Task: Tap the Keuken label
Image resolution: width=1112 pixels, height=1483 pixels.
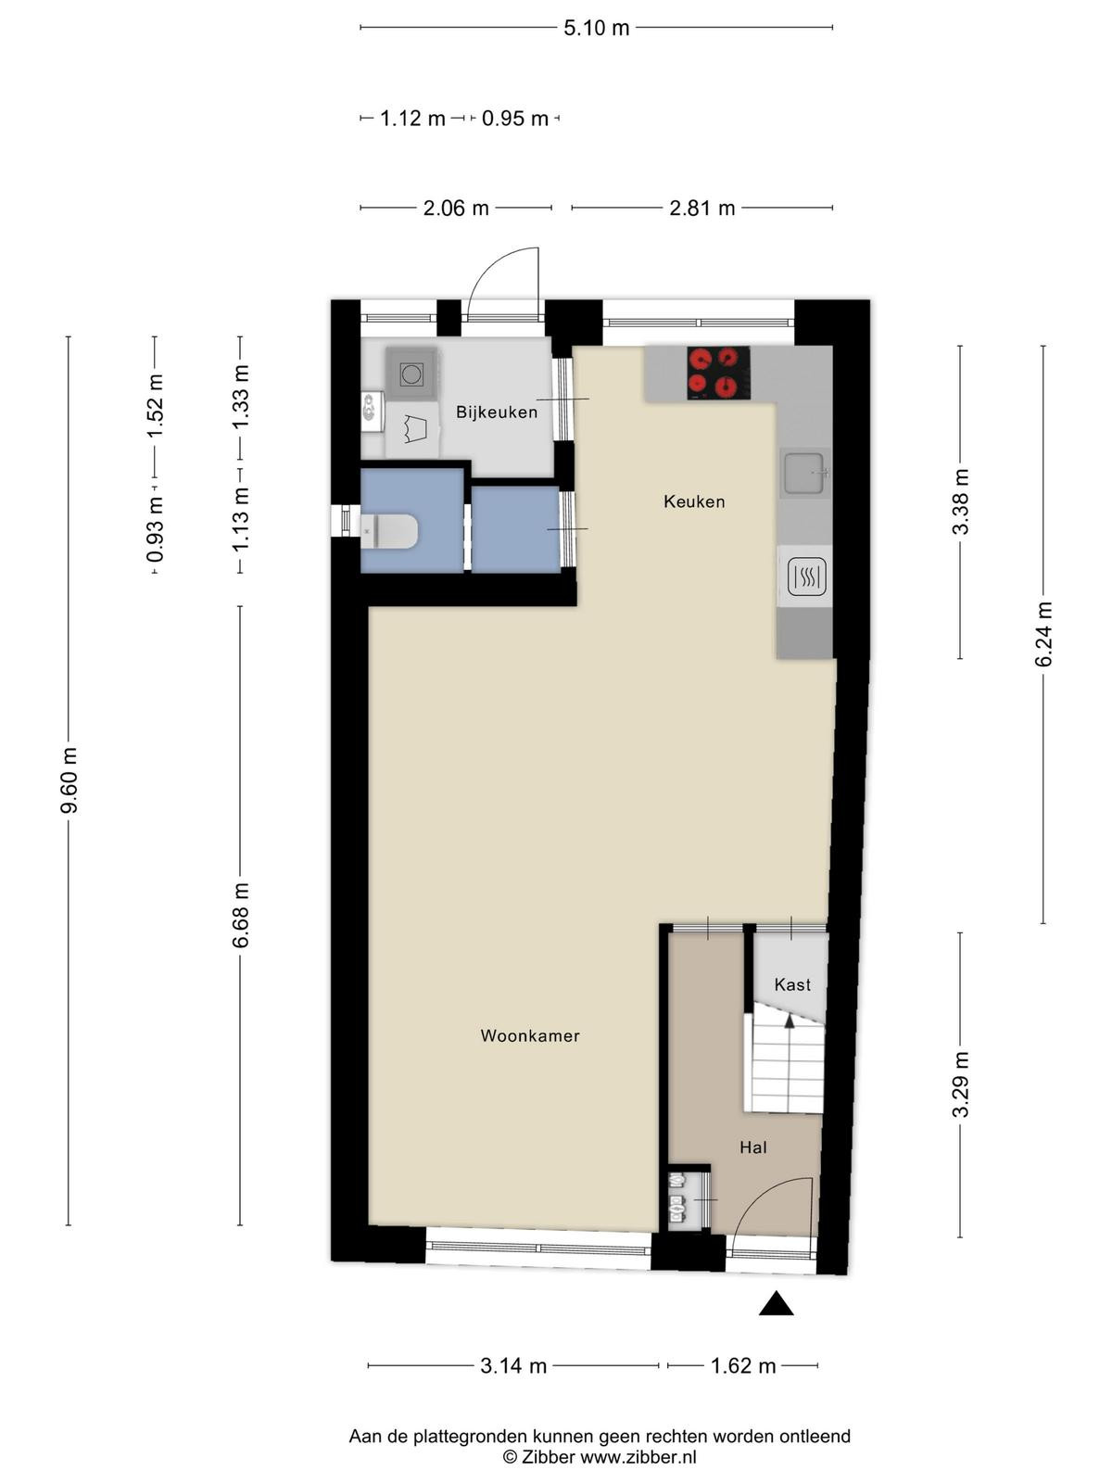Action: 694,501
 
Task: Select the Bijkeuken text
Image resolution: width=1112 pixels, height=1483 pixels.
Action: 497,412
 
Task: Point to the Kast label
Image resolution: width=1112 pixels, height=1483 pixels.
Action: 792,984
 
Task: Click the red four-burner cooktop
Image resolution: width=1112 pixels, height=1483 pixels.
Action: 718,373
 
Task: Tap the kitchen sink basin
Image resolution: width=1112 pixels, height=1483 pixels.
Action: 803,473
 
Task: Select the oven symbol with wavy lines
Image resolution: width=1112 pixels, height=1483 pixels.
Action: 807,577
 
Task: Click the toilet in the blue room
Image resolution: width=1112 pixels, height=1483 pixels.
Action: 388,531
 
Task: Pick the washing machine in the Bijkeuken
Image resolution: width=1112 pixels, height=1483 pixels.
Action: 411,373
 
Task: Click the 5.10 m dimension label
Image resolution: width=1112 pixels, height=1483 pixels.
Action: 597,28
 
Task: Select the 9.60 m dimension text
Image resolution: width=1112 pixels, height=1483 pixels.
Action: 69,780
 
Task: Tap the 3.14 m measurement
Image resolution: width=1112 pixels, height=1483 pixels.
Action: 513,1365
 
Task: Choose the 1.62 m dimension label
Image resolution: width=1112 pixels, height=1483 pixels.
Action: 742,1365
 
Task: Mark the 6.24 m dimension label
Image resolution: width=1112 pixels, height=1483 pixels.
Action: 1043,634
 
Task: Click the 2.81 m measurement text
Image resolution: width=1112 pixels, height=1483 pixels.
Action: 702,209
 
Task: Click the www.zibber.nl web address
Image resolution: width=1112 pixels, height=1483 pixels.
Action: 638,1457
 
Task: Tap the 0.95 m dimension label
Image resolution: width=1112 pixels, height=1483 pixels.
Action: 514,119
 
